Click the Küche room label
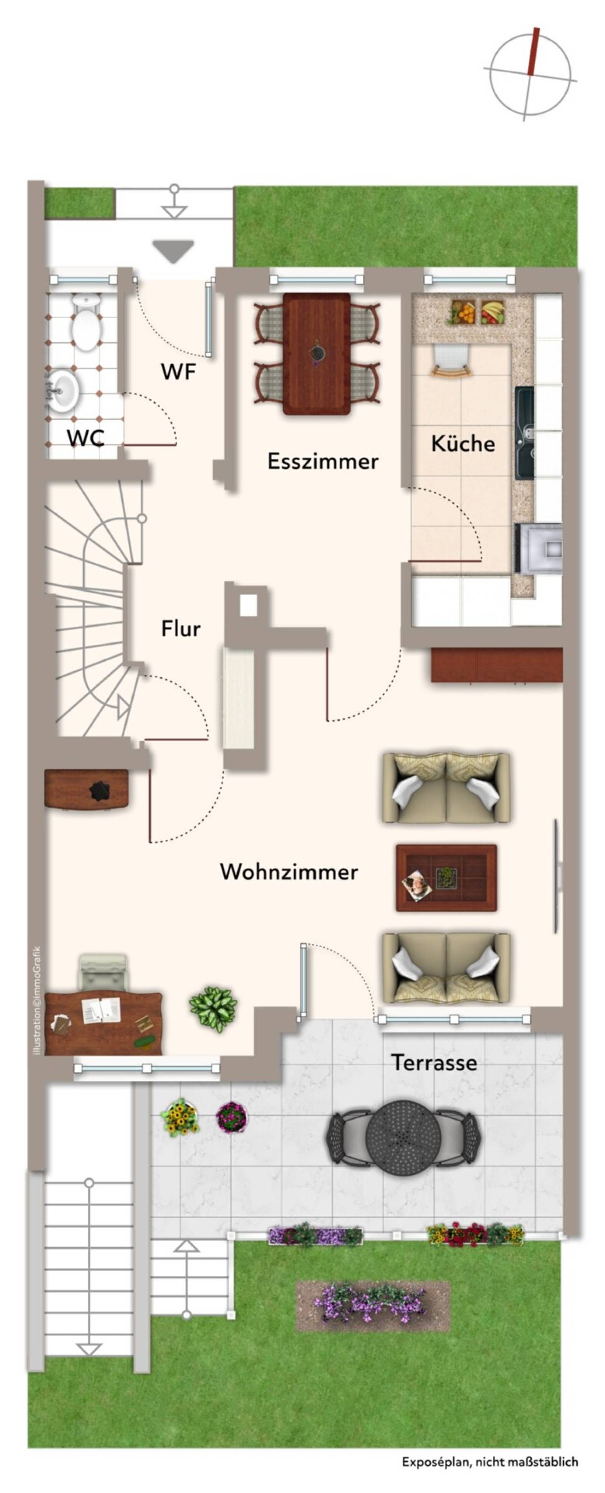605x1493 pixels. pyautogui.click(x=462, y=444)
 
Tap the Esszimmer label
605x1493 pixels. pyautogui.click(x=322, y=461)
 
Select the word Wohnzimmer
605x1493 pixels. pyautogui.click(x=289, y=872)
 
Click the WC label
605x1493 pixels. pyautogui.click(x=86, y=438)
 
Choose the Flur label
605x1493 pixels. pyautogui.click(x=181, y=629)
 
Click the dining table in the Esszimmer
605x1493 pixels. pyautogui.click(x=316, y=354)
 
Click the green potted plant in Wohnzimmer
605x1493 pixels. pyautogui.click(x=213, y=1009)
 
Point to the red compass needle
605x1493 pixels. pyautogui.click(x=533, y=52)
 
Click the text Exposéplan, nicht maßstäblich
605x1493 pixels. pyautogui.click(x=490, y=1462)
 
